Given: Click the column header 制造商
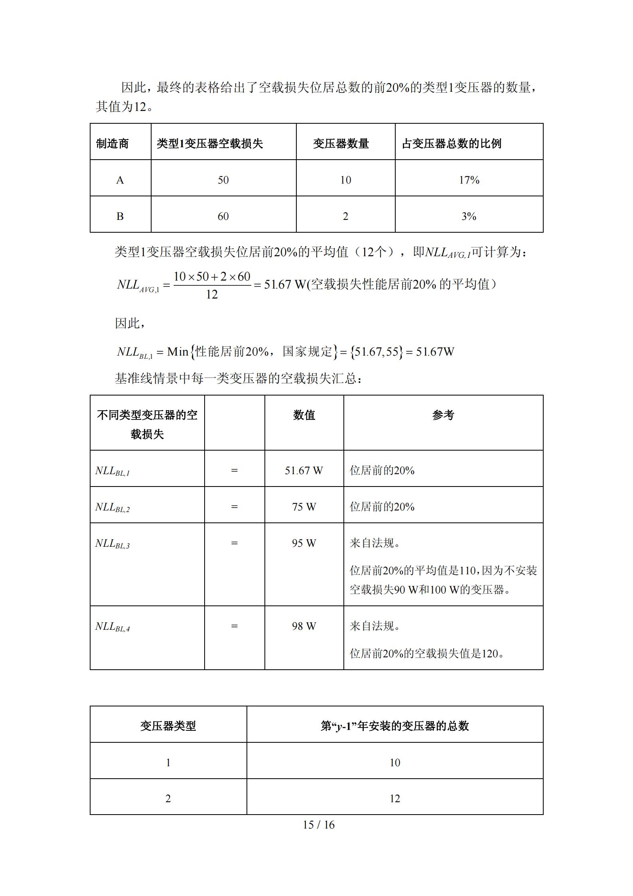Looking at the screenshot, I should click(x=112, y=144).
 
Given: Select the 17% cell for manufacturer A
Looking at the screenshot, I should click(x=469, y=180).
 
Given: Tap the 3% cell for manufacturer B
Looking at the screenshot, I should click(x=469, y=216).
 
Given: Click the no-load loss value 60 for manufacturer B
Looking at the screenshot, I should click(x=223, y=216).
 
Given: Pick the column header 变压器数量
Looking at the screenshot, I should click(x=341, y=144).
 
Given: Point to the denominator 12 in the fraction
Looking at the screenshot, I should click(x=212, y=295).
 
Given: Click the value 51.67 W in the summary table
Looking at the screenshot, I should click(x=304, y=471).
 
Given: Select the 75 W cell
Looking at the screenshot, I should click(x=304, y=507).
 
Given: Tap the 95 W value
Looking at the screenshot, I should click(x=304, y=543).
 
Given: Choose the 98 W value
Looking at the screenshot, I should click(x=304, y=626).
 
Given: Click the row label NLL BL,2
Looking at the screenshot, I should click(x=112, y=507).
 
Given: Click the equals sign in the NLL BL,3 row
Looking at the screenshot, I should click(x=234, y=543).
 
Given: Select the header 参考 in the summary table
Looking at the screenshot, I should click(x=443, y=415).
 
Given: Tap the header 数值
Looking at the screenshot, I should click(x=304, y=415).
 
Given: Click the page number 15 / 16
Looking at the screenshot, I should click(x=318, y=825).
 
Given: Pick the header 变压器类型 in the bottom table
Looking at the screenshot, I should click(x=168, y=726).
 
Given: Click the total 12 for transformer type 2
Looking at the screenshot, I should click(x=394, y=799).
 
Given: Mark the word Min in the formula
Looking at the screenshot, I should click(x=177, y=352).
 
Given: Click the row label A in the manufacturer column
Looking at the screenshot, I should click(x=120, y=180).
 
